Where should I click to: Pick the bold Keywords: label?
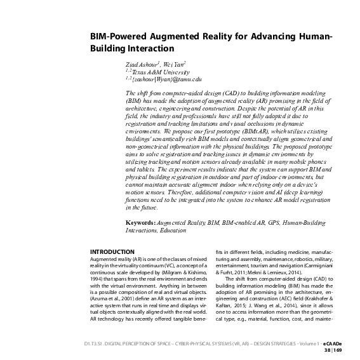[144, 225]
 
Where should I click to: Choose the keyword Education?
[180, 232]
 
